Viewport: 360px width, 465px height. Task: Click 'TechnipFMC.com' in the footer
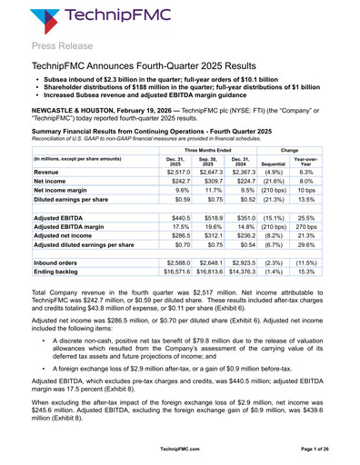click(x=180, y=449)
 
